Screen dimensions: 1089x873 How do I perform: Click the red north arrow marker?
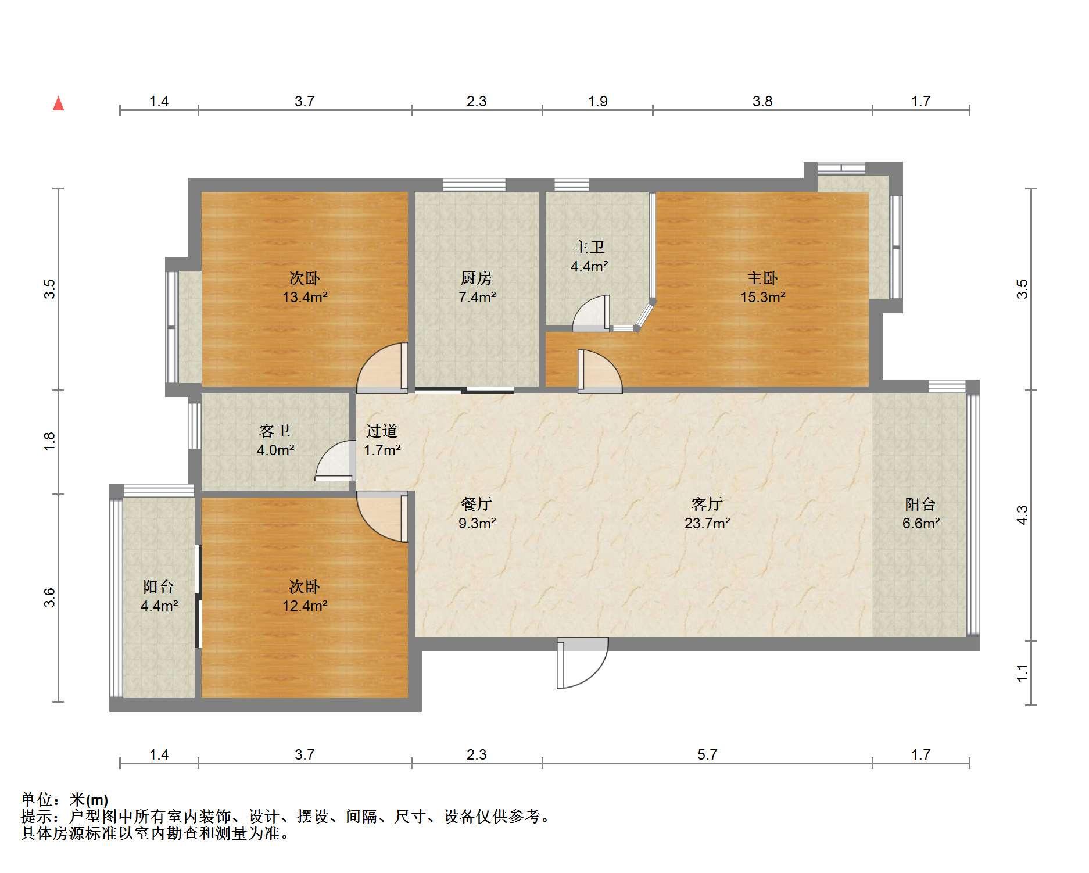(58, 103)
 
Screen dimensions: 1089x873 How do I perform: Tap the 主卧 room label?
(762, 278)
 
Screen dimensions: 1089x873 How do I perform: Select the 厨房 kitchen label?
(477, 278)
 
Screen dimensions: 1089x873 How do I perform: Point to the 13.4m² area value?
(305, 298)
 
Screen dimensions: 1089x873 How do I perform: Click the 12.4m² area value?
(305, 606)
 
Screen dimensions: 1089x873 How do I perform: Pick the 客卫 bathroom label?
(275, 431)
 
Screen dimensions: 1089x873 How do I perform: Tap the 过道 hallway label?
(382, 431)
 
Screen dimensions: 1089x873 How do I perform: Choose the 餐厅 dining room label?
(477, 504)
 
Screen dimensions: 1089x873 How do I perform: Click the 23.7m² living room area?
(707, 523)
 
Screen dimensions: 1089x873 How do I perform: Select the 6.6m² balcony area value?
(921, 523)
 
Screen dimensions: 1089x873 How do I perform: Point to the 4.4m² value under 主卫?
(589, 267)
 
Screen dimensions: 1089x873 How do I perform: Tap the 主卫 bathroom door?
(591, 314)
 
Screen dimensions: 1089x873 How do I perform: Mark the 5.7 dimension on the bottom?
(707, 754)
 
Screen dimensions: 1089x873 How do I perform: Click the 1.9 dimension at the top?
(597, 102)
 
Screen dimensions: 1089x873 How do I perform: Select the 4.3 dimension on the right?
(1022, 515)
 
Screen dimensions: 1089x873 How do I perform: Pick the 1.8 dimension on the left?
(50, 440)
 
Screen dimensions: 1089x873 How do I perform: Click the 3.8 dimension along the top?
(762, 102)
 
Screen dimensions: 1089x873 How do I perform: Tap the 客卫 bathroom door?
(335, 461)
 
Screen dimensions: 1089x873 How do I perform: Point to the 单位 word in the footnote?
(36, 800)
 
